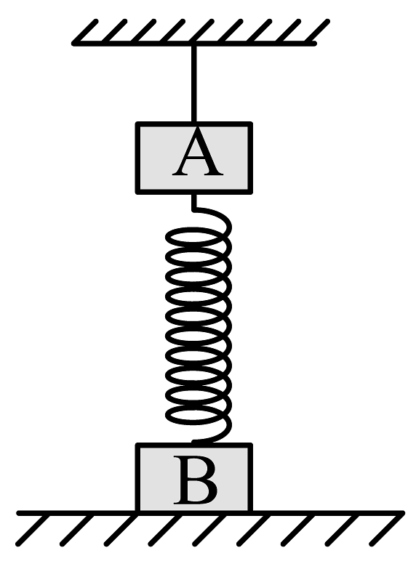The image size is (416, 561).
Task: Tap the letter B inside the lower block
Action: (x=196, y=480)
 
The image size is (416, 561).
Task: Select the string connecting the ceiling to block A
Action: (x=193, y=84)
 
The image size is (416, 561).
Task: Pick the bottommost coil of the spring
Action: (x=198, y=414)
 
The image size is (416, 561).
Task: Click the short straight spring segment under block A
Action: (x=193, y=202)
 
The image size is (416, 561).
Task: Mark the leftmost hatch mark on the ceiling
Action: (x=86, y=32)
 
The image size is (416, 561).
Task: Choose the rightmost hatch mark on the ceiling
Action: (x=317, y=32)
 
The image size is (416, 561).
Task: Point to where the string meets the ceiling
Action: (x=193, y=44)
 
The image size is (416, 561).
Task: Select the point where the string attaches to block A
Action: (x=193, y=123)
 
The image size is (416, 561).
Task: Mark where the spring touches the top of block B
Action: (x=193, y=443)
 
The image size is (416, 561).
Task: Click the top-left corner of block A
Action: (x=137, y=123)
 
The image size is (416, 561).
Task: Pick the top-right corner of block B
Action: (x=252, y=444)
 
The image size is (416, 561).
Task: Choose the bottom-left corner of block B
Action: (x=137, y=512)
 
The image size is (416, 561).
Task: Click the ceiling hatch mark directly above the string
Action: (x=201, y=32)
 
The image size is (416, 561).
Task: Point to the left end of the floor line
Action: (x=19, y=514)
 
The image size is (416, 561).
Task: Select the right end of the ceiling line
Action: (x=315, y=44)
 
